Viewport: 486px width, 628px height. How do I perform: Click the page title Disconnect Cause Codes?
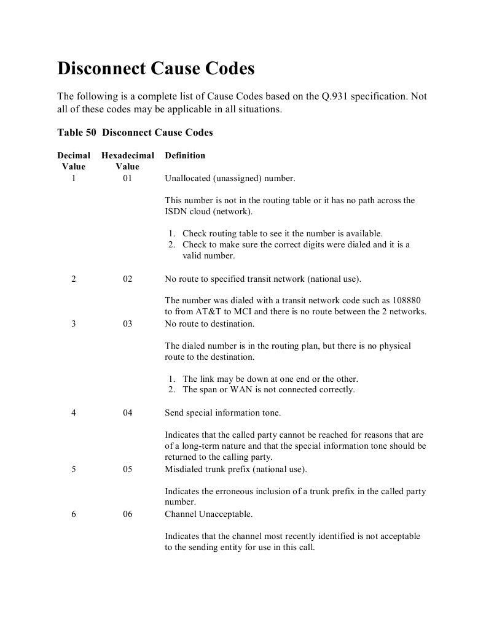[155, 68]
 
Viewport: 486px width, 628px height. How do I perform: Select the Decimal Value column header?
[74, 161]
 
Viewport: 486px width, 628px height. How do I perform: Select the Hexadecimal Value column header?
[127, 161]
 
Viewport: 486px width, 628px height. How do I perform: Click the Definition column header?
[185, 155]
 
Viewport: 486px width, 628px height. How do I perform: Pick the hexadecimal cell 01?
[127, 179]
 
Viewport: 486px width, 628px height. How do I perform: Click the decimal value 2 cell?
[74, 279]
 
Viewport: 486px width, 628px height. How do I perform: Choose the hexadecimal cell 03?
[127, 324]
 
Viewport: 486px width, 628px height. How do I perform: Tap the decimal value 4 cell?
[74, 413]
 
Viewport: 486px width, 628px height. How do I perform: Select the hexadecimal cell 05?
[127, 470]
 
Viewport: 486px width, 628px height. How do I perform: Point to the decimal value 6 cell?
[74, 514]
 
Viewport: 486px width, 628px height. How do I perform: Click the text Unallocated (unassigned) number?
[230, 179]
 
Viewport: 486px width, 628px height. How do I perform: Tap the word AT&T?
[210, 312]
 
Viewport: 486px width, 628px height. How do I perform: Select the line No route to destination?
[210, 324]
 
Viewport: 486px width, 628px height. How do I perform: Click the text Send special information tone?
[222, 413]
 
